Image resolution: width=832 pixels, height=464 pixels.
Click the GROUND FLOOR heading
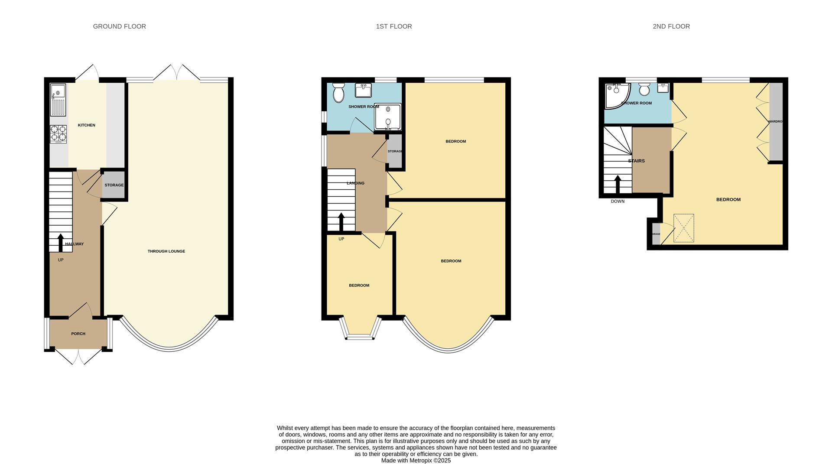click(119, 26)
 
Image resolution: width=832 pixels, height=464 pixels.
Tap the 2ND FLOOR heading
click(671, 26)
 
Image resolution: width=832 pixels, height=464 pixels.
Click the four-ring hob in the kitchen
click(58, 133)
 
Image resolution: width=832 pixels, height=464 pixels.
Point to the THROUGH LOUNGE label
click(166, 251)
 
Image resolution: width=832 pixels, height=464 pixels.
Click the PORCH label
click(78, 334)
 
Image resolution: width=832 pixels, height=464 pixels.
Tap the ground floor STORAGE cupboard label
click(114, 185)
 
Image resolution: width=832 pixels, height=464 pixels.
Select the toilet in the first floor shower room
click(338, 93)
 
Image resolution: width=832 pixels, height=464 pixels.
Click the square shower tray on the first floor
click(388, 117)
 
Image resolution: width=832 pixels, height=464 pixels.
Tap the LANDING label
click(355, 183)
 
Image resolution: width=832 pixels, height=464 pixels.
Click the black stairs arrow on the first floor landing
click(341, 221)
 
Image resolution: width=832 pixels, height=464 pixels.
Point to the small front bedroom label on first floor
click(359, 286)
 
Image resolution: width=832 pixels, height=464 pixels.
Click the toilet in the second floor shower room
click(644, 90)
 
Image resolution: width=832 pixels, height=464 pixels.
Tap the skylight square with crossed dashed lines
click(684, 228)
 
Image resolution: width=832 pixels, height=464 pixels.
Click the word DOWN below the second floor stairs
click(617, 201)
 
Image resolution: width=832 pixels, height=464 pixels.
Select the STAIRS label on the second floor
click(636, 161)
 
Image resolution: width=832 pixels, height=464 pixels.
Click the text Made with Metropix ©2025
click(416, 461)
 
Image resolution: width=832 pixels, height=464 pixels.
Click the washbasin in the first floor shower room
click(363, 90)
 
